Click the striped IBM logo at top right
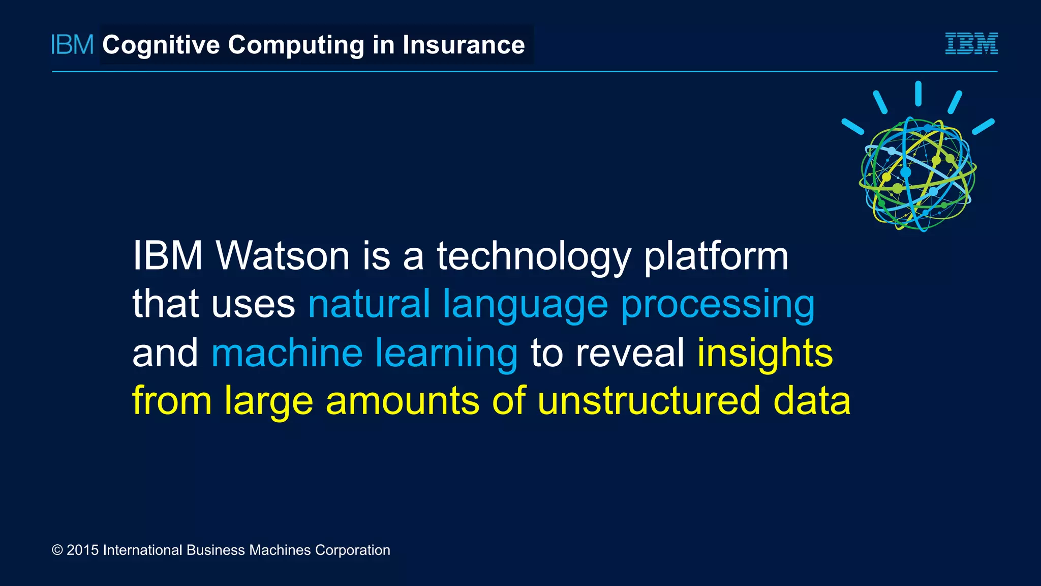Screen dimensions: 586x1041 click(971, 44)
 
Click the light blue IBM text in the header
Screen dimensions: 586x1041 click(73, 45)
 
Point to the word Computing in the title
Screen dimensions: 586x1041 click(296, 45)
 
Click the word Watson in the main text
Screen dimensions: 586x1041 click(283, 255)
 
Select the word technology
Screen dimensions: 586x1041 click(534, 256)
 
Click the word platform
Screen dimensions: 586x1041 click(716, 256)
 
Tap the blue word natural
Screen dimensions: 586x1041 click(369, 304)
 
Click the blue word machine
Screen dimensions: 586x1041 click(287, 353)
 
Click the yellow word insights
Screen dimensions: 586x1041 click(765, 353)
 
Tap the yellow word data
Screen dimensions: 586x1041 click(812, 400)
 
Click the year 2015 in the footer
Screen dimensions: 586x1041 click(82, 550)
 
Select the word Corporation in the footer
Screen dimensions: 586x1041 click(352, 550)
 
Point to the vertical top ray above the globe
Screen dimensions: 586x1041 click(918, 94)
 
